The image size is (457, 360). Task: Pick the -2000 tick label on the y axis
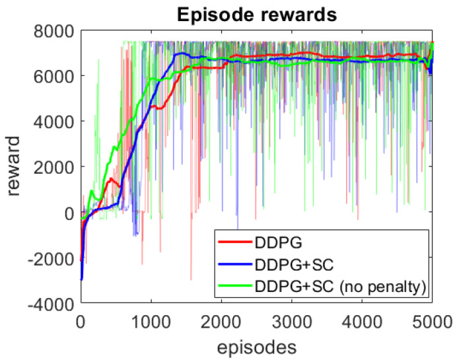(x=50, y=258)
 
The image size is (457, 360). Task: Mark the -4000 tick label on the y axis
(x=50, y=304)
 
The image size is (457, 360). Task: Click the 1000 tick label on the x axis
(x=151, y=324)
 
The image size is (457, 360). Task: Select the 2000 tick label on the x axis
(x=222, y=324)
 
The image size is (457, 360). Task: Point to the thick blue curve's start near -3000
(x=81, y=279)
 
